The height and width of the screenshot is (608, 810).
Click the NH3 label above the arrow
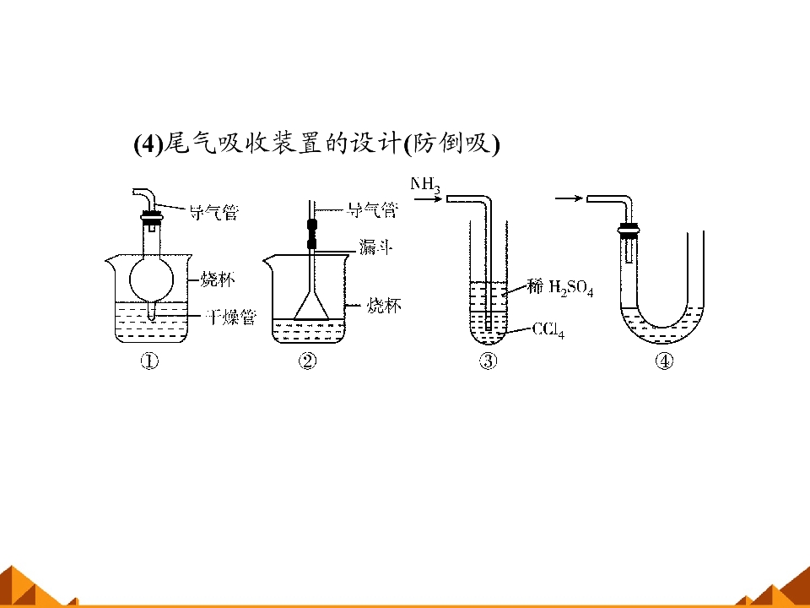pos(425,185)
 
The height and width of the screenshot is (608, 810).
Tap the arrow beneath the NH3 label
pos(429,198)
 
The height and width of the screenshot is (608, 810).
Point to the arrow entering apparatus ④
pos(570,198)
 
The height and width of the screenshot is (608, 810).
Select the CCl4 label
pos(548,330)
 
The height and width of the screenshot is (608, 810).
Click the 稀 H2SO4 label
pos(560,287)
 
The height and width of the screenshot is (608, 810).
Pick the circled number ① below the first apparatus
pos(149,361)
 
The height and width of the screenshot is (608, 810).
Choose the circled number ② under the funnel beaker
pos(307,361)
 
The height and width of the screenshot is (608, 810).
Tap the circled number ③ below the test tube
pos(489,361)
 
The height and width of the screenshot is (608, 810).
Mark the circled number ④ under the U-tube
pos(664,361)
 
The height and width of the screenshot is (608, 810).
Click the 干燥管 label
pos(230,317)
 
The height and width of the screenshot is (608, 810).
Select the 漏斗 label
pos(375,247)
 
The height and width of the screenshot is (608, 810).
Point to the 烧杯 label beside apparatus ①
pos(218,280)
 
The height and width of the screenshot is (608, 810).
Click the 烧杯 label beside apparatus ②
pos(384,305)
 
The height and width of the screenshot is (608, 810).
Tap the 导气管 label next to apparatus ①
pos(213,212)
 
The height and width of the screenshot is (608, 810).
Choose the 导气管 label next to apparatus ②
pos(373,210)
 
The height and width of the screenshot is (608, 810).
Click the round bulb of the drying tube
pos(151,280)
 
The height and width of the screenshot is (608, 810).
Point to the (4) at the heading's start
pos(148,144)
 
